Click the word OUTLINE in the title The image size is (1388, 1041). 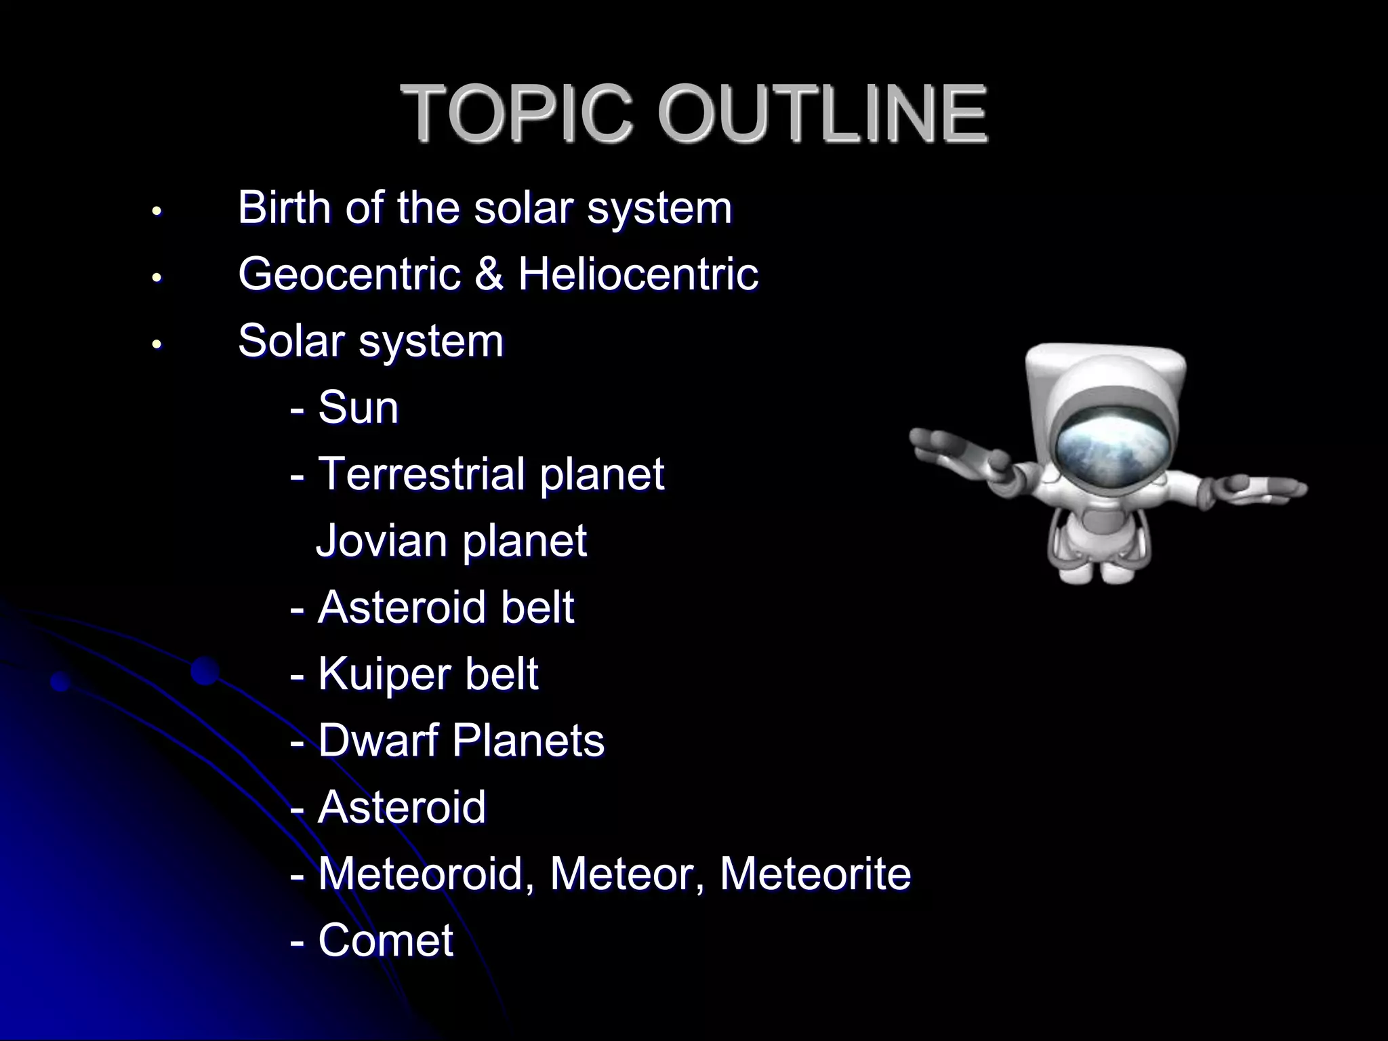tap(822, 113)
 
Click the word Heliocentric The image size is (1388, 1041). tap(638, 274)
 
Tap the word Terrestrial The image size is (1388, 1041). tap(420, 474)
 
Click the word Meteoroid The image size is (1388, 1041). tap(420, 874)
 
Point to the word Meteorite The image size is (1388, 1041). tap(815, 874)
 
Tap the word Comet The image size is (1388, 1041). tap(385, 940)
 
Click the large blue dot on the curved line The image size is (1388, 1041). tap(205, 671)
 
